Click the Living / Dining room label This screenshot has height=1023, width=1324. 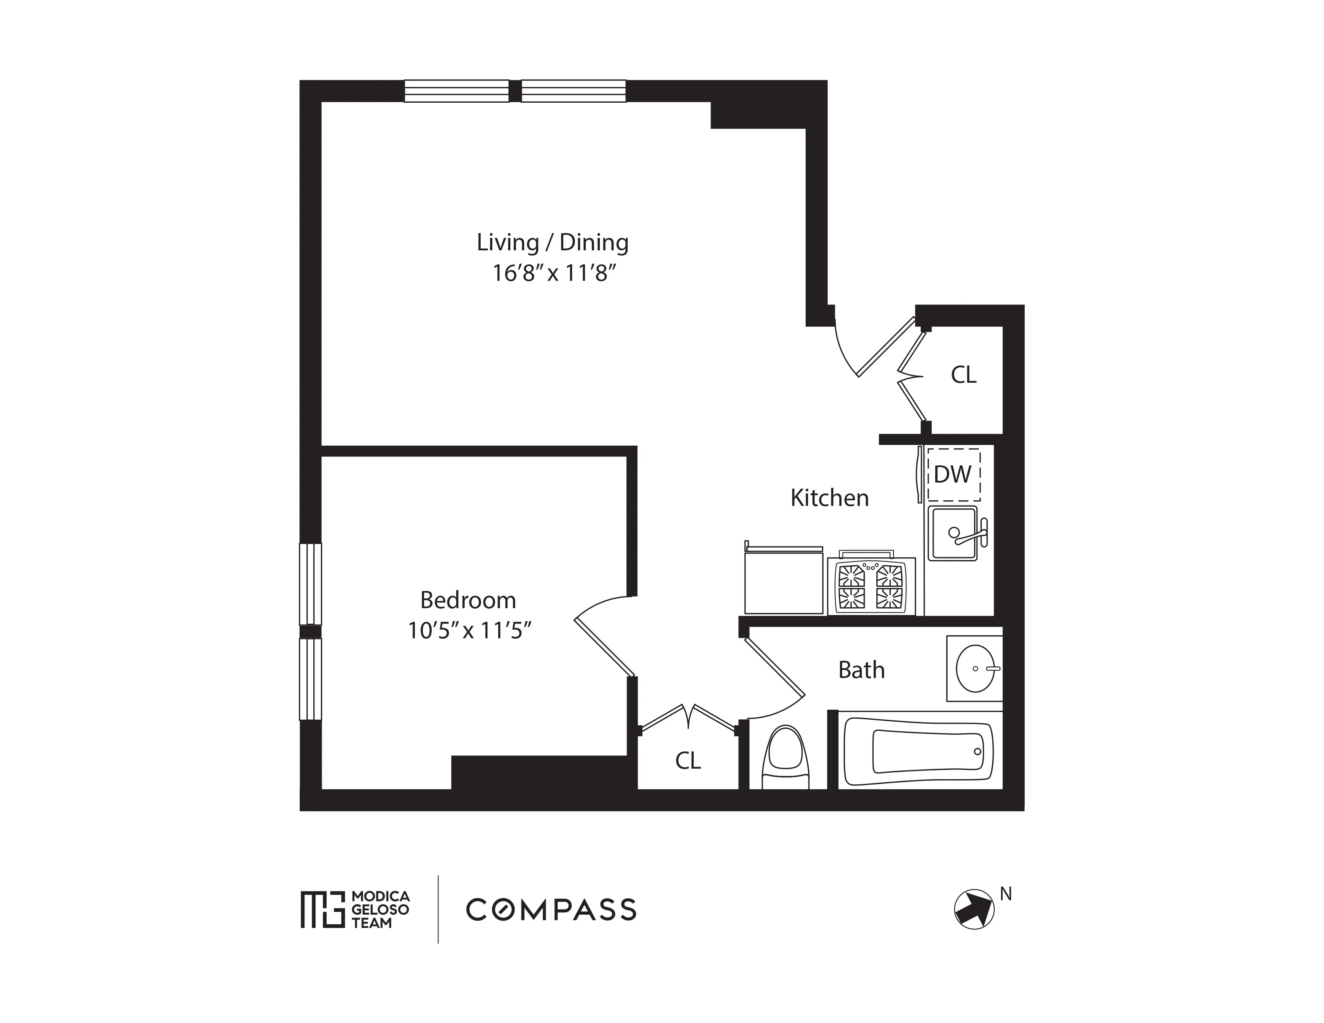pyautogui.click(x=552, y=242)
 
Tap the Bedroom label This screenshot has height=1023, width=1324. pyautogui.click(x=468, y=600)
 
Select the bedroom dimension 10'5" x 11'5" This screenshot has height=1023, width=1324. pyautogui.click(x=469, y=631)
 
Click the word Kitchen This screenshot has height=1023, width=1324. pyautogui.click(x=829, y=497)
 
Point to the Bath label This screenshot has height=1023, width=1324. pyautogui.click(x=861, y=670)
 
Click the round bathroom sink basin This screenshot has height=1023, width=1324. pyautogui.click(x=975, y=668)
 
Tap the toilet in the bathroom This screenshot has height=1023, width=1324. pyautogui.click(x=785, y=757)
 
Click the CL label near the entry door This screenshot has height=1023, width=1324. pyautogui.click(x=963, y=375)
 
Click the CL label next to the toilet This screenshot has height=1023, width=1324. pyautogui.click(x=688, y=761)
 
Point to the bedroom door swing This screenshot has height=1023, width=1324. pyautogui.click(x=603, y=636)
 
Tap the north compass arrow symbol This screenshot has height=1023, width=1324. pyautogui.click(x=974, y=909)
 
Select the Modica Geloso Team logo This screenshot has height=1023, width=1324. pyautogui.click(x=355, y=909)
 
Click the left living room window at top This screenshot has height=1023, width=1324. pyautogui.click(x=457, y=91)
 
